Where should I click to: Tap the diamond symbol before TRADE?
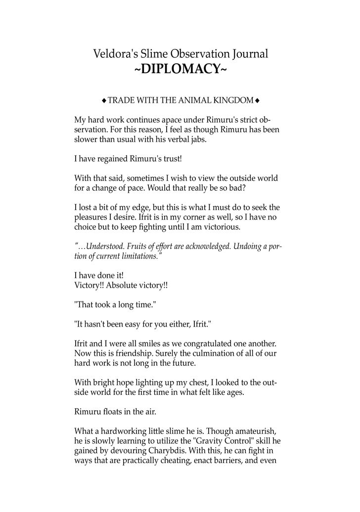click(104, 101)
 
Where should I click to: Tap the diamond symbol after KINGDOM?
click(258, 101)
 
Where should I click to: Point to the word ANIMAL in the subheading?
click(197, 101)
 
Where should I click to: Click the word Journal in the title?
click(249, 54)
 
